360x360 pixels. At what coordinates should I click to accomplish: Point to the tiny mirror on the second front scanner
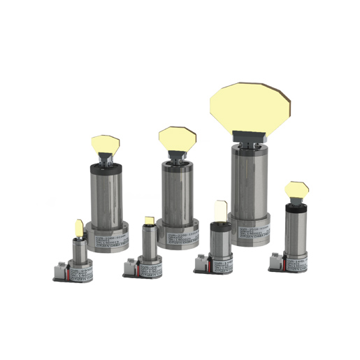pos(150,220)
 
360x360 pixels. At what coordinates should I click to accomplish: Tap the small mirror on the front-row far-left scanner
pos(78,228)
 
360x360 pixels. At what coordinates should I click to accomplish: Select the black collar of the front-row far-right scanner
pos(295,208)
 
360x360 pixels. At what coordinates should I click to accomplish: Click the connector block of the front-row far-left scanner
pos(61,268)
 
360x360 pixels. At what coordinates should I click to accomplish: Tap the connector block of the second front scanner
pos(133,265)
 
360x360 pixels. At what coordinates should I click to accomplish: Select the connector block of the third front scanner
pos(204,259)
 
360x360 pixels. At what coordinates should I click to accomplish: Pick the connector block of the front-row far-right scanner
pos(278,261)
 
